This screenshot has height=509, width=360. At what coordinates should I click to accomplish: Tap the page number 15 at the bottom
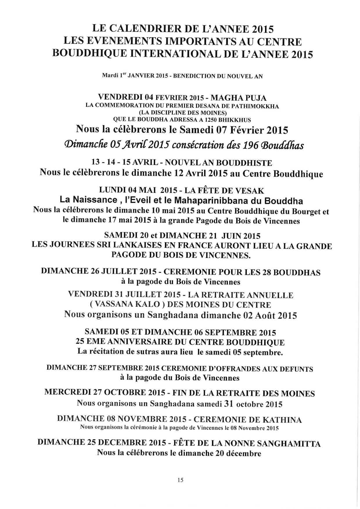coord(180,480)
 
